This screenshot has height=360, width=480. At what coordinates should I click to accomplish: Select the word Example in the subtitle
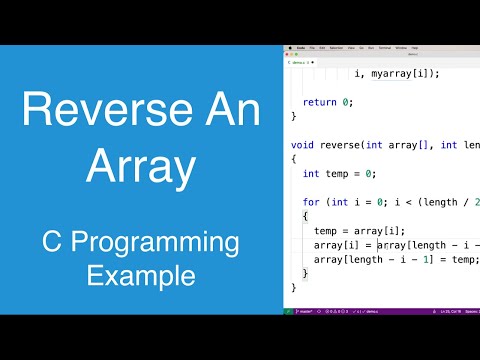tap(141, 274)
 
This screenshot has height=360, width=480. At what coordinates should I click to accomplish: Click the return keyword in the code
tap(320, 102)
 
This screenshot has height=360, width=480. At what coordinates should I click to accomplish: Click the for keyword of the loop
tap(311, 202)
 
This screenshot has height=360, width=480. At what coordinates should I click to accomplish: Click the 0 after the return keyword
tap(347, 102)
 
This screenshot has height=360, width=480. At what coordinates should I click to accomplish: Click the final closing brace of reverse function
tap(294, 287)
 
